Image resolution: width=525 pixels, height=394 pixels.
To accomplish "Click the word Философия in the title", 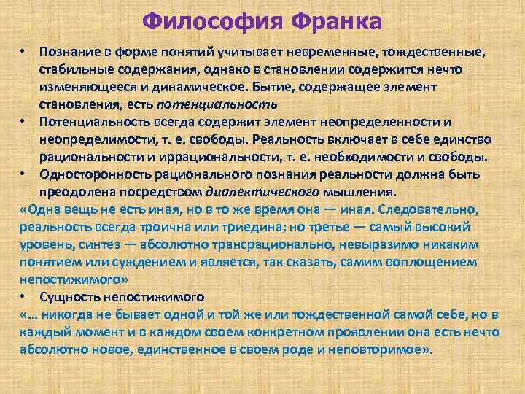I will click(212, 20).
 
